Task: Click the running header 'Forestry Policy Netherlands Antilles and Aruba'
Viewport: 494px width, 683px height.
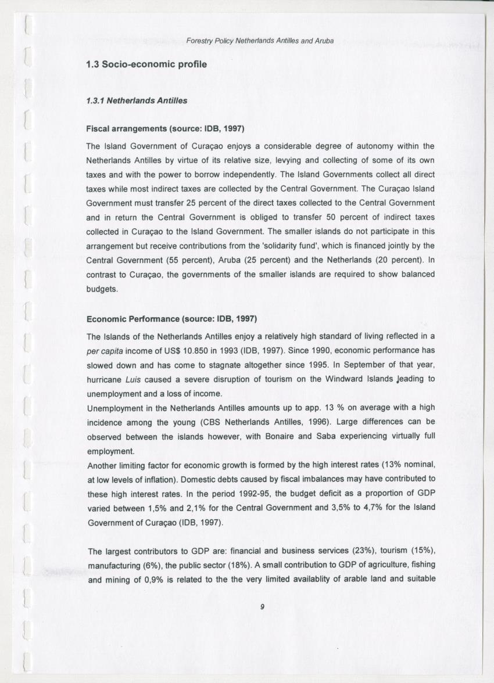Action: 260,41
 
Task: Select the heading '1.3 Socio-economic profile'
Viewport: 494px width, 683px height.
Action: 146,64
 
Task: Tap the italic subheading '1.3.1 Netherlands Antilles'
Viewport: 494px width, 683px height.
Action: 137,100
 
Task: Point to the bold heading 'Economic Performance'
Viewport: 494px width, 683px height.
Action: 133,319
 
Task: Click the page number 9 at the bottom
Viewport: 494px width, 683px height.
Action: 262,606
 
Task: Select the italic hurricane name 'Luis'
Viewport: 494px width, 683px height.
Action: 133,379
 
